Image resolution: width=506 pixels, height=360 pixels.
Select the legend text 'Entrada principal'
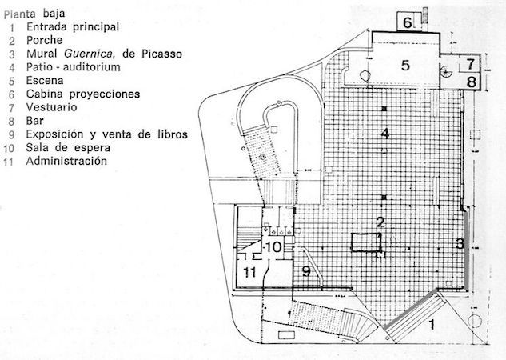[73, 26]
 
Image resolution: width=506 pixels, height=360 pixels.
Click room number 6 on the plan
[407, 22]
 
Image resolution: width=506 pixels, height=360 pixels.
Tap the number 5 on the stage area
[405, 66]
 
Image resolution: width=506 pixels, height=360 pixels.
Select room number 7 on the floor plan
[471, 63]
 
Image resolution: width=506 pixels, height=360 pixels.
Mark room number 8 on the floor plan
[471, 81]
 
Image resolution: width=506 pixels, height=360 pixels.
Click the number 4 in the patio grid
[385, 133]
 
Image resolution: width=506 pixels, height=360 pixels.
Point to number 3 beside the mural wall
[460, 243]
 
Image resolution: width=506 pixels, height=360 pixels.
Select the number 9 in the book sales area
[305, 272]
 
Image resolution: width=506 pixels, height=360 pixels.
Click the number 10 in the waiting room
[272, 246]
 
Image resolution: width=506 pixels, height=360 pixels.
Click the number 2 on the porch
[381, 222]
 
